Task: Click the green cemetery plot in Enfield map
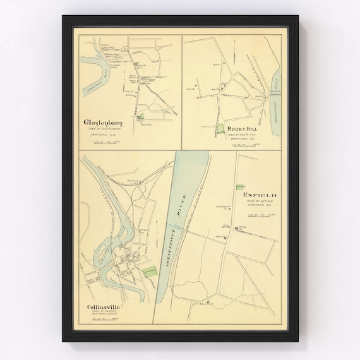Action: [x=239, y=186]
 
